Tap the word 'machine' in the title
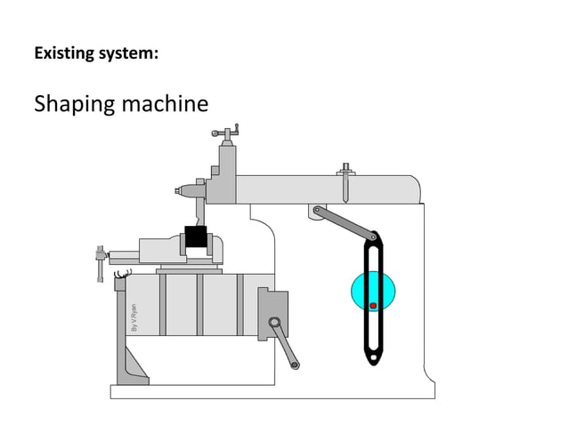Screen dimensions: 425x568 point(166,104)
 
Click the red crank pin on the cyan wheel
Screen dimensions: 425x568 point(373,306)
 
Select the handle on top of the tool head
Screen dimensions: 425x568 point(226,134)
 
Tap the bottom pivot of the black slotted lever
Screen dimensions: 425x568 point(374,358)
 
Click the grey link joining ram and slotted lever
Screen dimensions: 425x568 point(345,223)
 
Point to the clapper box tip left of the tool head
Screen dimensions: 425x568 point(181,190)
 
